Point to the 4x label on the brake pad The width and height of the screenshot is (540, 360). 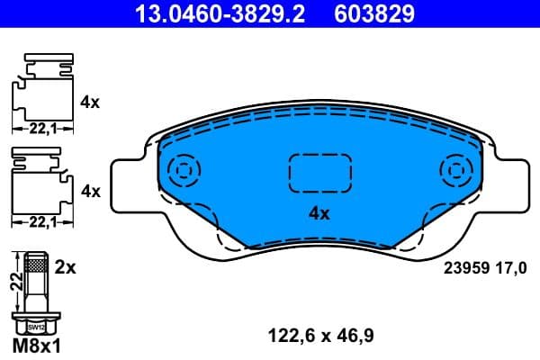[x=319, y=214]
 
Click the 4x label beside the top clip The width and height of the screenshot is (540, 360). [x=90, y=103]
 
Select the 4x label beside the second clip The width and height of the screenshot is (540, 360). [x=90, y=192]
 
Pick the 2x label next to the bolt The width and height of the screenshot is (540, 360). [x=67, y=268]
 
